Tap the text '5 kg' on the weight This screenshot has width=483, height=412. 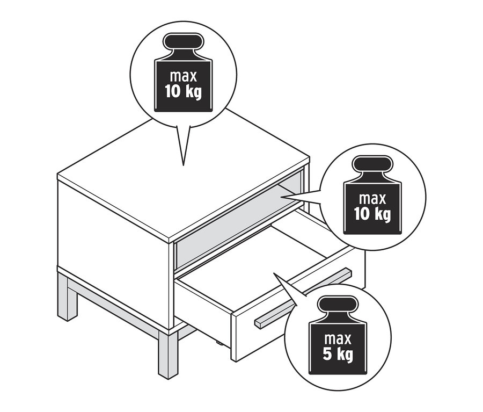click(x=338, y=355)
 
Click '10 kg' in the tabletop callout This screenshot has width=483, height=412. click(x=184, y=92)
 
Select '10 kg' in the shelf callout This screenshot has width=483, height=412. click(x=372, y=214)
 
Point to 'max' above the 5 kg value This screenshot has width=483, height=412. click(x=338, y=339)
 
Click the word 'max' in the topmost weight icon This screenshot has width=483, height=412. click(x=184, y=76)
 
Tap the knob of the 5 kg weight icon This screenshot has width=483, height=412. click(x=338, y=305)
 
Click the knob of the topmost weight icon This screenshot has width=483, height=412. click(x=184, y=41)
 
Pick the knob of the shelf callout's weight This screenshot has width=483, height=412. click(x=373, y=164)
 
